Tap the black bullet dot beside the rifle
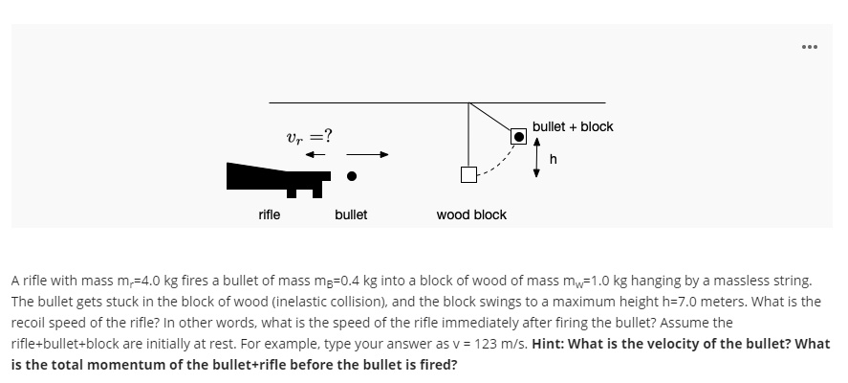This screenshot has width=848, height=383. (x=352, y=175)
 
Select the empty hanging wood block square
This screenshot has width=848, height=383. (x=468, y=174)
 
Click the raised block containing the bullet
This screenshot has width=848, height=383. (x=518, y=136)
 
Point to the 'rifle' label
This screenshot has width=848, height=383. (x=270, y=214)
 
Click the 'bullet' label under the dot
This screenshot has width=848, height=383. (x=351, y=214)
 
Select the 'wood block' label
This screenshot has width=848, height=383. (x=471, y=214)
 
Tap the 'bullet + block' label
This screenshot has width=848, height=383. (x=573, y=126)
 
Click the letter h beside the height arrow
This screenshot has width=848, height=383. (x=553, y=158)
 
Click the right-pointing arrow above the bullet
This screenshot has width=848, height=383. (x=368, y=153)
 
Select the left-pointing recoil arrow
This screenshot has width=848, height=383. (x=315, y=153)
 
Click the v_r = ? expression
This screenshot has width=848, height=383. (x=309, y=135)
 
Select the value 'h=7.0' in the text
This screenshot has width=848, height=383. (x=674, y=301)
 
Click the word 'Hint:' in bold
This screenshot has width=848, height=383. (x=552, y=343)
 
